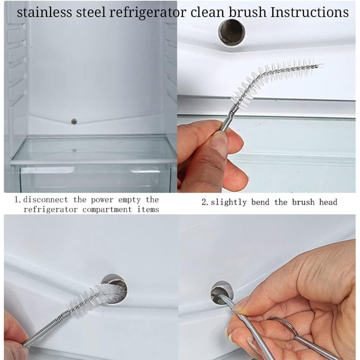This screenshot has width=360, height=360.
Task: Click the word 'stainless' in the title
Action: tap(44, 12)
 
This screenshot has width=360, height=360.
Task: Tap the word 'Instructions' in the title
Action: tap(310, 12)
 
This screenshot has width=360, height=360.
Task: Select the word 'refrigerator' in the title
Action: tap(148, 13)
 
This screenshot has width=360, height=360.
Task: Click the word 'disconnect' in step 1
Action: tap(46, 199)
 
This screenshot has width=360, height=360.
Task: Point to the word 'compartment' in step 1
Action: tap(107, 210)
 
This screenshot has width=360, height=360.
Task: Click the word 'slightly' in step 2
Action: tap(229, 202)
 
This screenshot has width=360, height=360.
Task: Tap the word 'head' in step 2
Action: tap(328, 202)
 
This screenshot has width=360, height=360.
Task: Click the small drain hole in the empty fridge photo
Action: tap(74, 121)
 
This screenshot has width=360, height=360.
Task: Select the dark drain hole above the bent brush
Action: tap(231, 32)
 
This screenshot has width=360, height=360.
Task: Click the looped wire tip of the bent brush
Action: tap(320, 66)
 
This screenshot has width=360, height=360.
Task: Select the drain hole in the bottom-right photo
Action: tap(222, 293)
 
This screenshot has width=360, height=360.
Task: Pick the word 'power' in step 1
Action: tap(102, 200)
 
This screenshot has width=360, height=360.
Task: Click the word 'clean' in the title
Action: tap(207, 12)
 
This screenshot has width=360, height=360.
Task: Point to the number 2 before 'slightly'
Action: tap(204, 202)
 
